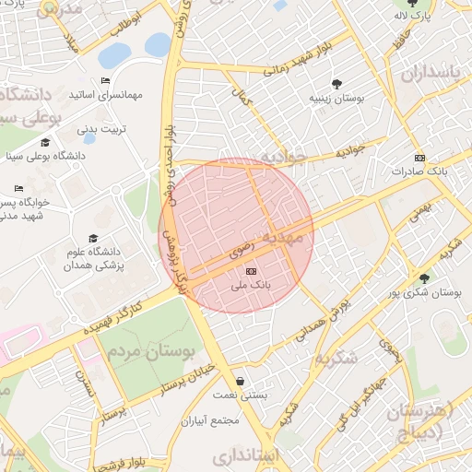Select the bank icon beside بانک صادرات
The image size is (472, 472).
tap(420, 157)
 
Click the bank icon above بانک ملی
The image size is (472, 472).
tap(252, 271)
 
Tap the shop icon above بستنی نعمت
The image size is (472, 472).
tap(240, 381)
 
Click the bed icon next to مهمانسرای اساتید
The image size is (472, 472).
tap(105, 81)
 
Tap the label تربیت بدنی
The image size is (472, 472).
tap(100, 129)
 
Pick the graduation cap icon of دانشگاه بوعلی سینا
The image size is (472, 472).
tap(45, 142)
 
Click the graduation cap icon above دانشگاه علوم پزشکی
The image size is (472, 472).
tap(93, 239)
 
